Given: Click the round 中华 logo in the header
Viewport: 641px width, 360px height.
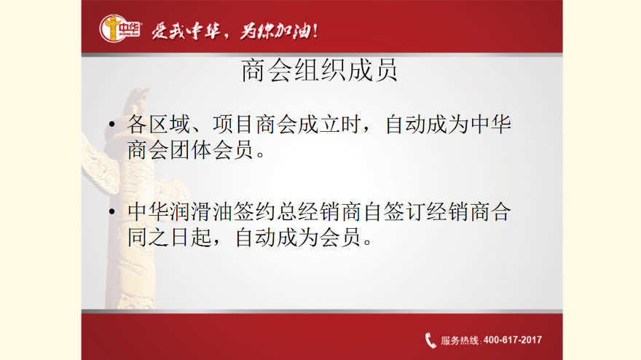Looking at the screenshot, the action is pos(120,28).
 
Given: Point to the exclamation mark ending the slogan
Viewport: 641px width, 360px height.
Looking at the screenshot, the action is pos(315,31).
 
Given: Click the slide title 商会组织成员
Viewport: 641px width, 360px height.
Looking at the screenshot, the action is pos(319,71).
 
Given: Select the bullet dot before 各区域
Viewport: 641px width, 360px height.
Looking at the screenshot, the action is pos(112,124).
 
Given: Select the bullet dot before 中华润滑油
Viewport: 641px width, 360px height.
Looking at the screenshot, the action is pos(112,211).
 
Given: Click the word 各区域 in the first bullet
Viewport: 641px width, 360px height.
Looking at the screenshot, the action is pos(159,124).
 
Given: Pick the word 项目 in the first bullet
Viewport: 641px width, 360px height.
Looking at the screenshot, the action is pos(233,124).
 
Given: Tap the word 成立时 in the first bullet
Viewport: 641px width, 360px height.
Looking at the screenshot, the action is pos(329,124).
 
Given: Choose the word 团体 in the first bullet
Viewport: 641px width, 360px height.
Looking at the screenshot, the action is pos(191,149).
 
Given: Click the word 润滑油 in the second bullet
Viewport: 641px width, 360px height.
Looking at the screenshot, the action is pos(202,212).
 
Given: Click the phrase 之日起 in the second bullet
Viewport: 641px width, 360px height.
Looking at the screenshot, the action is pos(181,238).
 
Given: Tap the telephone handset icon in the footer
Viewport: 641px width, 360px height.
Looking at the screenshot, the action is pos(430,340).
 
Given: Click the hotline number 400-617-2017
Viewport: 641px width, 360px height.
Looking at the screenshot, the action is pos(513,340).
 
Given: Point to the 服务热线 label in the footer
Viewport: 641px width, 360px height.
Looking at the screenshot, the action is pos(459,340).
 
